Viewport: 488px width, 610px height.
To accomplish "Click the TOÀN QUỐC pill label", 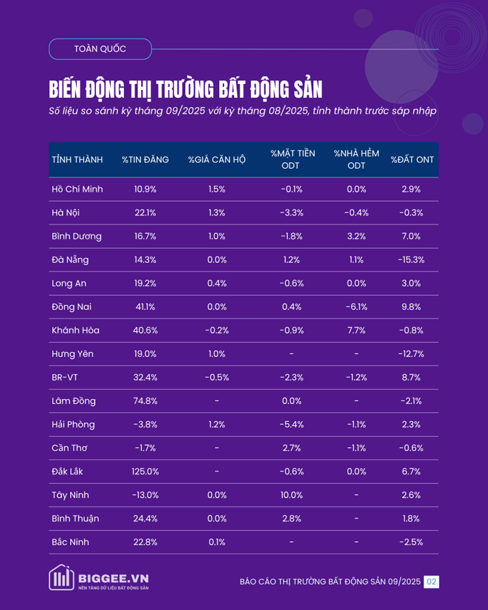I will click(x=100, y=49).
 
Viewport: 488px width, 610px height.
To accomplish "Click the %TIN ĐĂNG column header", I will click(x=145, y=160).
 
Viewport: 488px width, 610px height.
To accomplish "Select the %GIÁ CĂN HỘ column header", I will click(x=216, y=160).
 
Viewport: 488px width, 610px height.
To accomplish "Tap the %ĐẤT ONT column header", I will click(x=413, y=160).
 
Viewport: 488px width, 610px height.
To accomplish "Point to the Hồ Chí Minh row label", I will click(x=77, y=189).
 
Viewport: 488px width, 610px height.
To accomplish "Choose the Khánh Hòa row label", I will click(x=75, y=330).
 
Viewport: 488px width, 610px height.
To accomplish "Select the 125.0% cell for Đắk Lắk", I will click(x=145, y=472).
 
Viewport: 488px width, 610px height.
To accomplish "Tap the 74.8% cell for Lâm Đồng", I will click(x=145, y=401).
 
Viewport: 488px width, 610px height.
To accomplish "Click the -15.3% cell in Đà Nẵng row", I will click(x=413, y=260).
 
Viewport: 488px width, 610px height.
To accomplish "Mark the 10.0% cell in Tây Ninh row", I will click(x=292, y=495).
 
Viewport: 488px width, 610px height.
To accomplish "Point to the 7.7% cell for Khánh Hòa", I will click(x=356, y=330).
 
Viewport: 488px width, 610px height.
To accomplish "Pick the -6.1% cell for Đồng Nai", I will click(x=356, y=307).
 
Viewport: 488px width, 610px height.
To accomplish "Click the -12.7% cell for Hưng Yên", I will click(x=413, y=354).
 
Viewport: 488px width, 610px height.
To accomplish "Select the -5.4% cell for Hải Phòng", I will click(x=292, y=424).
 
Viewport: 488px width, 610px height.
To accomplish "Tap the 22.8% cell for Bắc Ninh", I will click(x=145, y=542).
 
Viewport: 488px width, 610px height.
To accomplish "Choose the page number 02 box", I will click(x=431, y=581).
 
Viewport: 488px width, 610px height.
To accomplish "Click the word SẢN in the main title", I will click(x=305, y=90).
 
